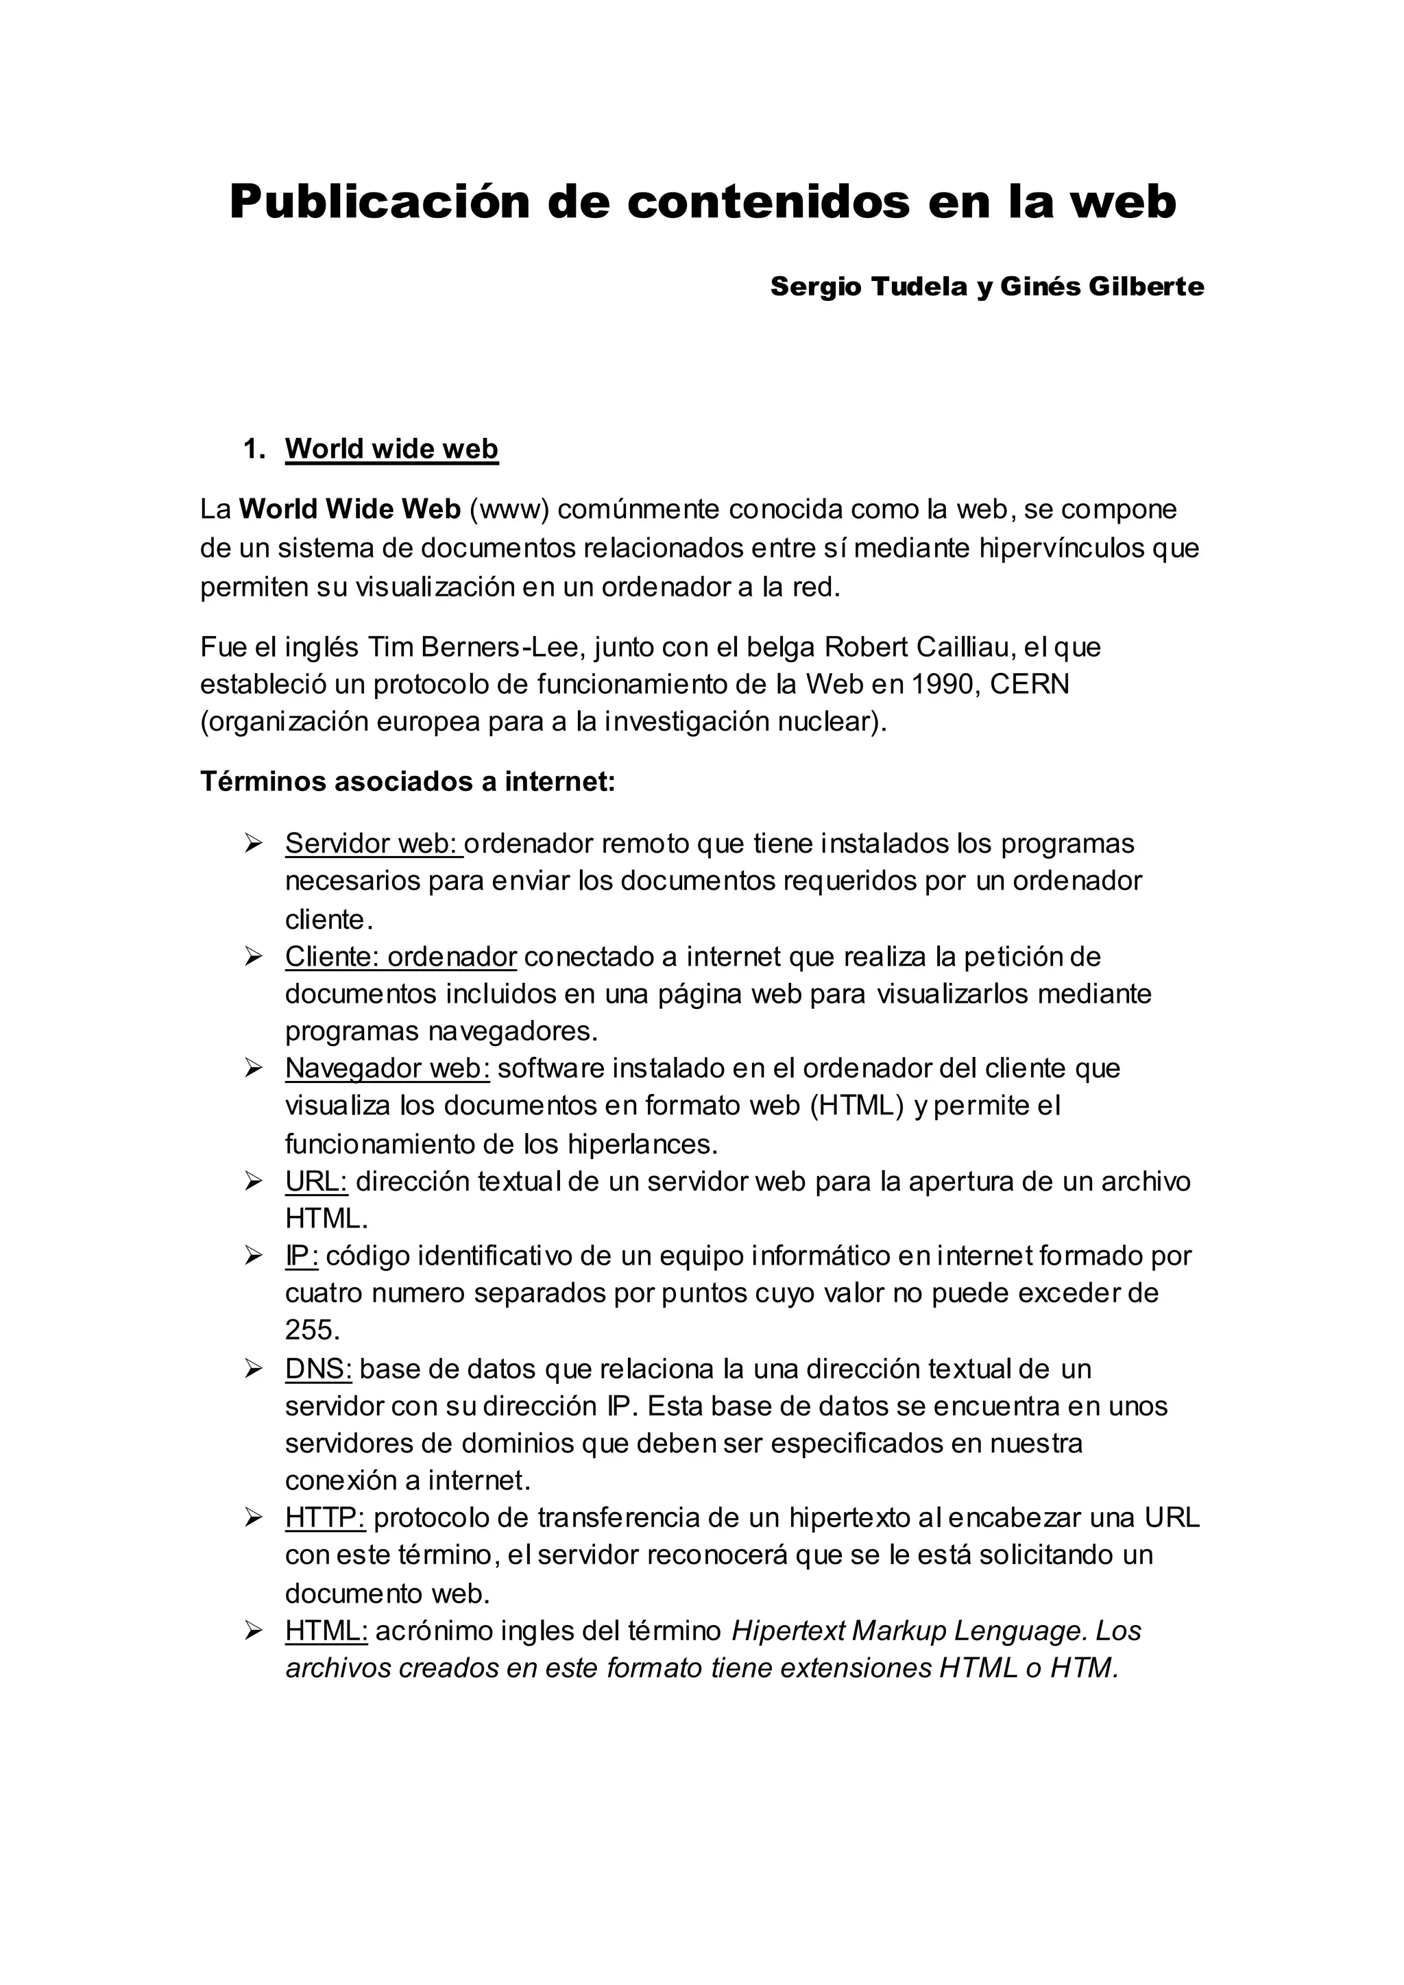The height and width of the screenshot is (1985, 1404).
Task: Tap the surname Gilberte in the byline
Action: (x=1146, y=286)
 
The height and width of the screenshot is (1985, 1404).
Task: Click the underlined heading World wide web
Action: (x=391, y=449)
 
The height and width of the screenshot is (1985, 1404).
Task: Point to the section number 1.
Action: (x=253, y=449)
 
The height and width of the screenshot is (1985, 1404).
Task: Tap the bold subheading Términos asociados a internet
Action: (x=407, y=781)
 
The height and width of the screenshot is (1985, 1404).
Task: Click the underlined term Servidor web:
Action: (x=374, y=843)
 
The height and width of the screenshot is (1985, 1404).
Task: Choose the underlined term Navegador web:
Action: (x=387, y=1069)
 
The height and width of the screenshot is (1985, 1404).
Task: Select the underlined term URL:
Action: (x=315, y=1181)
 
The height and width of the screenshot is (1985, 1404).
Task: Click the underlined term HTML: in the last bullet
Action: (x=326, y=1631)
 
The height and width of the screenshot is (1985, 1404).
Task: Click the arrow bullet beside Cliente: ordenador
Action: (x=253, y=956)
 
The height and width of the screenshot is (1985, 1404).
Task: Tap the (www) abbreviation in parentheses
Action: (x=509, y=509)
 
